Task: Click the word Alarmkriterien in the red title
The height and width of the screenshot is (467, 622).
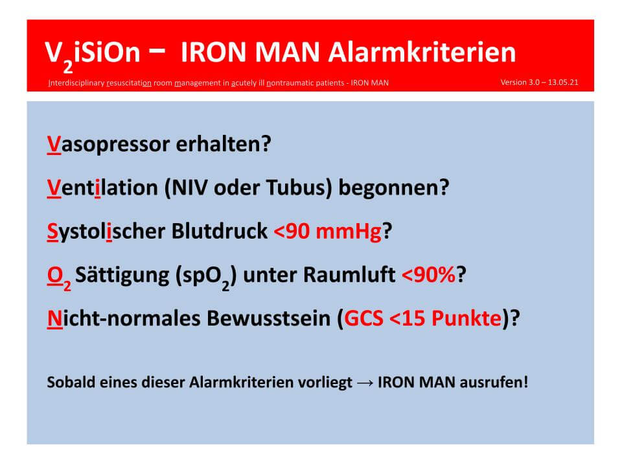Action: tap(422, 52)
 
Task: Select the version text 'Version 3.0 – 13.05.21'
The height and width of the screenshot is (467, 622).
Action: tap(539, 82)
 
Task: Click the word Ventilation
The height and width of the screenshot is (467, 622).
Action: tap(102, 187)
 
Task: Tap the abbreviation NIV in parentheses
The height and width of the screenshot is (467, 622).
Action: tap(189, 187)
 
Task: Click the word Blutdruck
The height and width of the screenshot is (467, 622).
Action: tap(220, 231)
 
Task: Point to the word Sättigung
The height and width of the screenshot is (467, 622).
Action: tap(122, 276)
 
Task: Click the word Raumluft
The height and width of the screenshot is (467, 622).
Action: tap(349, 274)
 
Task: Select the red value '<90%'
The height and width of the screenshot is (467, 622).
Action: tap(429, 274)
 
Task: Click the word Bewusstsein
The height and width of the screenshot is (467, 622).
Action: tap(268, 318)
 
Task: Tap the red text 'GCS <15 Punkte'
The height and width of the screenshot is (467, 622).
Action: tap(423, 318)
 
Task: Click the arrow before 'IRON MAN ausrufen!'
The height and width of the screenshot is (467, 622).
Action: tap(365, 383)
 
